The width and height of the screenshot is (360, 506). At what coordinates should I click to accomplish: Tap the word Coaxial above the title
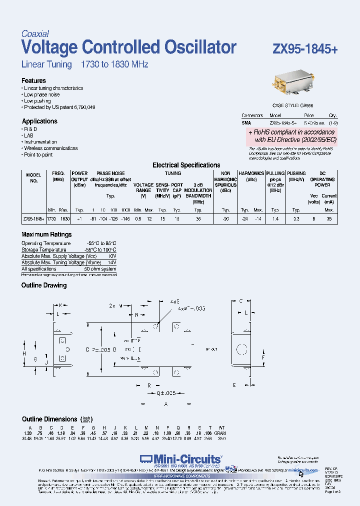click(x=35, y=34)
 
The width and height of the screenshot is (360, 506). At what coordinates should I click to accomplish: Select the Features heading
click(x=33, y=80)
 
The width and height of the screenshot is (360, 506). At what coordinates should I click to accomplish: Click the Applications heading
click(x=39, y=121)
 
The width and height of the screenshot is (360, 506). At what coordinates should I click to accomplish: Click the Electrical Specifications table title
click(x=186, y=165)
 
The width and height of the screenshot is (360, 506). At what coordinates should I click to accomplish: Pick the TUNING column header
click(x=173, y=173)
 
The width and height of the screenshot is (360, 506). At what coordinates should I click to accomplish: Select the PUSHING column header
click(x=296, y=173)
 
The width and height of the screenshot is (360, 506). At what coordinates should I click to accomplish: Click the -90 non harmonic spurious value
click(x=225, y=219)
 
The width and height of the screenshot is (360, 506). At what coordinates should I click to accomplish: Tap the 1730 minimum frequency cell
click(x=51, y=219)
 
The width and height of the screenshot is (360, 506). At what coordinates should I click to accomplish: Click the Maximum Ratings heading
click(x=46, y=234)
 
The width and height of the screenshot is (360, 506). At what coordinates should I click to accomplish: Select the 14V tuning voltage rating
click(x=111, y=262)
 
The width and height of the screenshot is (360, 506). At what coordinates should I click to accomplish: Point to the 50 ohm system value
click(x=100, y=269)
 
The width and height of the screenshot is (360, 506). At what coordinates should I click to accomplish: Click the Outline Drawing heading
click(x=44, y=285)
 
